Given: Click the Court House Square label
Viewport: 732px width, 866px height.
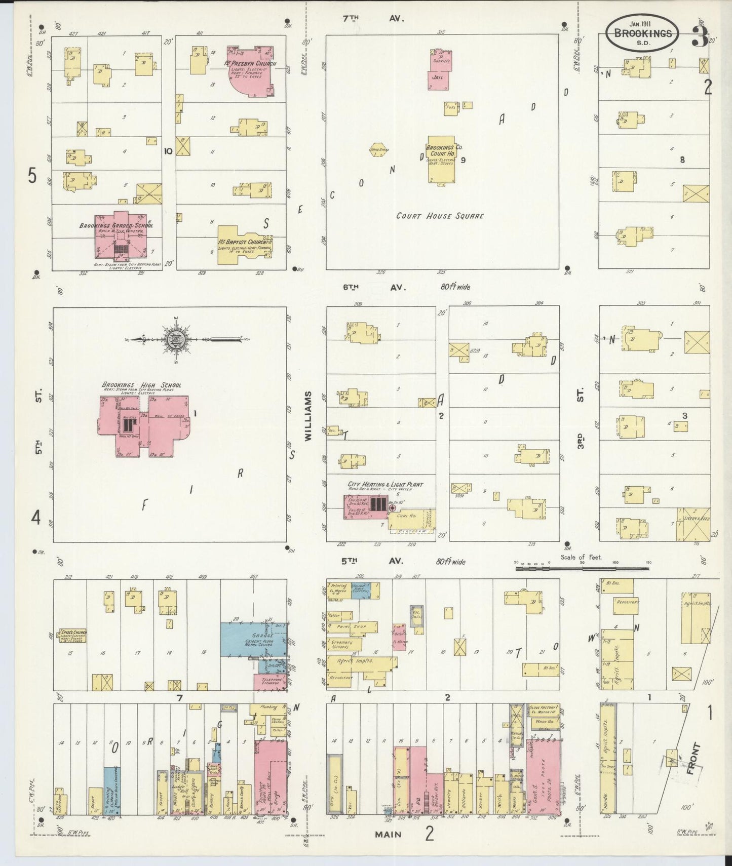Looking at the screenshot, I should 440,216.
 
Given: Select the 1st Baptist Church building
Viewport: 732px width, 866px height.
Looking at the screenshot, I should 243,247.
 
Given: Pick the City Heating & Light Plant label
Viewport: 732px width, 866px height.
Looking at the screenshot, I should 385,485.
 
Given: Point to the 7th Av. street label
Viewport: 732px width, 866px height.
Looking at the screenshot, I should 372,19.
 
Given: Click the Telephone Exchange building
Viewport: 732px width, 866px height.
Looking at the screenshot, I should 270,681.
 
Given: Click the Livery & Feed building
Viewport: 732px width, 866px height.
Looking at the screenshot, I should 694,524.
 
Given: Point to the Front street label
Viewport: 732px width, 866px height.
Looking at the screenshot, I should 694,758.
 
